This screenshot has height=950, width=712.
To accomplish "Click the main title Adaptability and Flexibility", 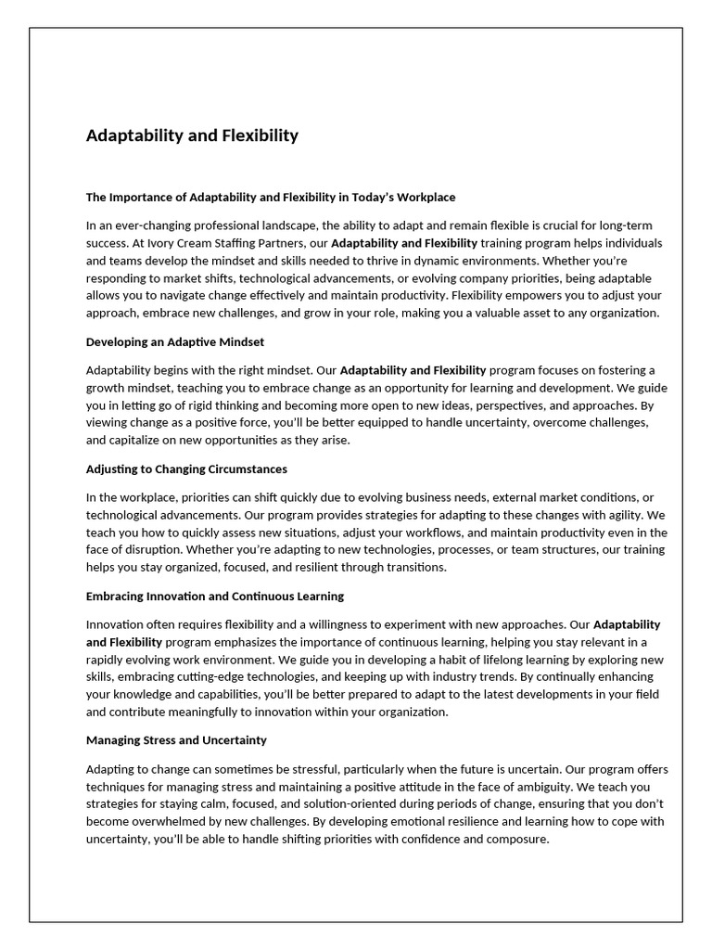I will pyautogui.click(x=192, y=135).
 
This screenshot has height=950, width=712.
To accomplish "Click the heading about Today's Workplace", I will pyautogui.click(x=271, y=197).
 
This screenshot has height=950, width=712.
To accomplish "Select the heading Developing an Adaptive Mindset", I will pyautogui.click(x=175, y=341).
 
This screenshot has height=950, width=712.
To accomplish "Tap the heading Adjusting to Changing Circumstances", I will pyautogui.click(x=186, y=469).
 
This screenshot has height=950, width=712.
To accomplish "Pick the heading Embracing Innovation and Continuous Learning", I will pyautogui.click(x=215, y=596).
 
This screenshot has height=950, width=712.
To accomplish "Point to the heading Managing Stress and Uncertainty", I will pyautogui.click(x=176, y=740).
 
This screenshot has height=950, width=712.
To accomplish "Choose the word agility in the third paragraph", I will pyautogui.click(x=622, y=514).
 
